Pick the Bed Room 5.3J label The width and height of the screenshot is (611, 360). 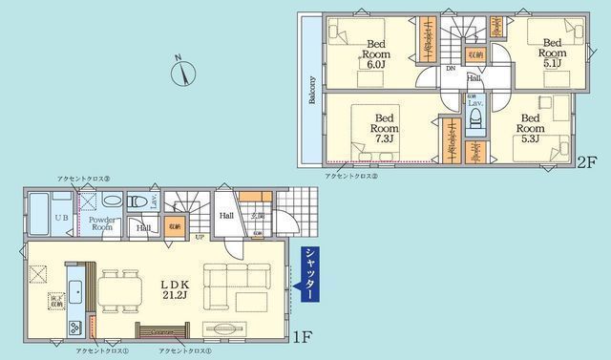pyautogui.click(x=531, y=127)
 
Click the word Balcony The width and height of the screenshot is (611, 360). pyautogui.click(x=312, y=90)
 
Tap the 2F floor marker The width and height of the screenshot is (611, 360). pyautogui.click(x=586, y=162)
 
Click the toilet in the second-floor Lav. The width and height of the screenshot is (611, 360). pyautogui.click(x=474, y=119)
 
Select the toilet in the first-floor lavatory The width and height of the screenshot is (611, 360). pyautogui.click(x=112, y=202)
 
